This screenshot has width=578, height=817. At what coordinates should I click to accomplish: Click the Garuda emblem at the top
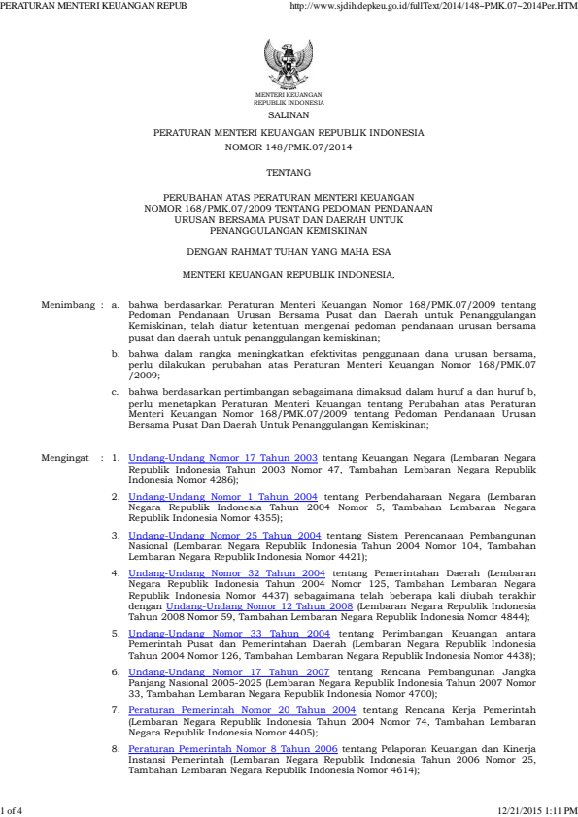coord(289,64)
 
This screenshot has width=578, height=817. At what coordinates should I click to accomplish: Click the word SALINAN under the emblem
coord(289,114)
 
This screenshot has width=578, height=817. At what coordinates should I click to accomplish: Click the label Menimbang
coord(67,304)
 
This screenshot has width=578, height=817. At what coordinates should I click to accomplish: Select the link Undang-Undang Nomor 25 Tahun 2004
coord(224,534)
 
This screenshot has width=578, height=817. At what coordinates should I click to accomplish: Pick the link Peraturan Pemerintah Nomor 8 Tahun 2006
coord(233,749)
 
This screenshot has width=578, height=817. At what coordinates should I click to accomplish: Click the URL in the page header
coord(433,6)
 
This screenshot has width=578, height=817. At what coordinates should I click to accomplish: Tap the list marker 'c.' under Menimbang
coord(116,391)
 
